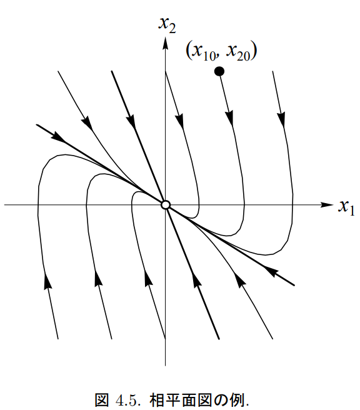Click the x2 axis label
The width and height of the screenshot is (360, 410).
pyautogui.click(x=167, y=25)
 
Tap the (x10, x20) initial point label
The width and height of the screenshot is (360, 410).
pyautogui.click(x=221, y=51)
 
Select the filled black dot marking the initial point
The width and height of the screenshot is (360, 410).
pyautogui.click(x=219, y=71)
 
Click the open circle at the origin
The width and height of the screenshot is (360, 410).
pyautogui.click(x=165, y=205)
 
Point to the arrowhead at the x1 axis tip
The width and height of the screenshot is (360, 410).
pyautogui.click(x=327, y=205)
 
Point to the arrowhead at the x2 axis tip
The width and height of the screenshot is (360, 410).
pyautogui.click(x=165, y=43)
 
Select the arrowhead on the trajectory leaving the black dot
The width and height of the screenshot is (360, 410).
pyautogui.click(x=229, y=118)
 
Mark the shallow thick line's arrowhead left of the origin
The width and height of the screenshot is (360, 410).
pyautogui.click(x=59, y=137)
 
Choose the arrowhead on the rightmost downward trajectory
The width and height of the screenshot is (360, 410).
pyautogui.click(x=281, y=119)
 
